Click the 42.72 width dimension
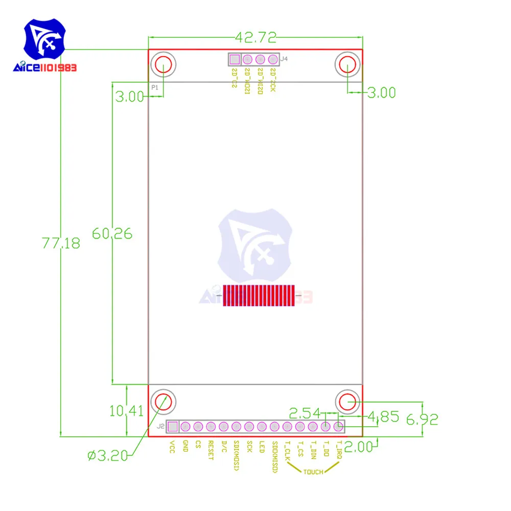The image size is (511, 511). [255, 37]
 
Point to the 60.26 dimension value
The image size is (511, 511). [112, 234]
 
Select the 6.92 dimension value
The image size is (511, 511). [422, 420]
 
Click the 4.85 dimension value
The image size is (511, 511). [382, 417]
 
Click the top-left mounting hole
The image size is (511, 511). [164, 65]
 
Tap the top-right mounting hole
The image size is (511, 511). [347, 65]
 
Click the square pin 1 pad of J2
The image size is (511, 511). [173, 426]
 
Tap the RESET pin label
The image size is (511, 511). [210, 450]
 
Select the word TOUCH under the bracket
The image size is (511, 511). [313, 472]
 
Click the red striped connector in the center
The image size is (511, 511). [259, 296]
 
